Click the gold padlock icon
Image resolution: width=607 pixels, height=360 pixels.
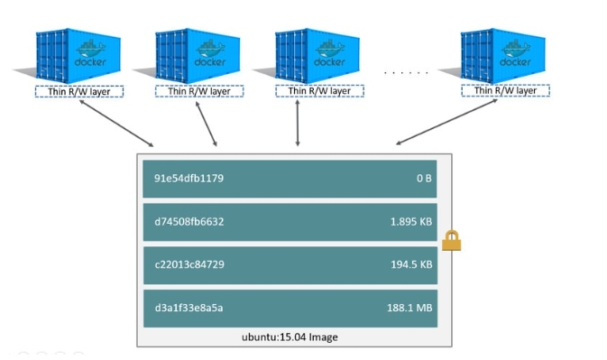click(451, 239)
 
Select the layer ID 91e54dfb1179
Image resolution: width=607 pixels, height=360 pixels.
click(189, 179)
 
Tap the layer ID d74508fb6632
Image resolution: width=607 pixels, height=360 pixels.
click(190, 221)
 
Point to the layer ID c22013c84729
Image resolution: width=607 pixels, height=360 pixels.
click(189, 264)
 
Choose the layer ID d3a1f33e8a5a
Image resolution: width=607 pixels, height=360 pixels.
click(189, 308)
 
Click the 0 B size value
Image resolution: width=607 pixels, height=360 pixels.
click(424, 179)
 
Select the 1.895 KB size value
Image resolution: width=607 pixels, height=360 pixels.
click(410, 221)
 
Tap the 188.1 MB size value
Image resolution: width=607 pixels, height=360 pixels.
click(409, 308)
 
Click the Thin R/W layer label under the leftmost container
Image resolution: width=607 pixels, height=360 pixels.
click(79, 91)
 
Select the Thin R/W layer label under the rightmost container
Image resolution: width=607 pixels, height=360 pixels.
click(505, 91)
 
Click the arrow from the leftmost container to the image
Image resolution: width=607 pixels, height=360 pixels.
click(115, 123)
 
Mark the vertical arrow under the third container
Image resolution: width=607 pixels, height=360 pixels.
click(297, 122)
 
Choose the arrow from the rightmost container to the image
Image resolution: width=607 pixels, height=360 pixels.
click(446, 123)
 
